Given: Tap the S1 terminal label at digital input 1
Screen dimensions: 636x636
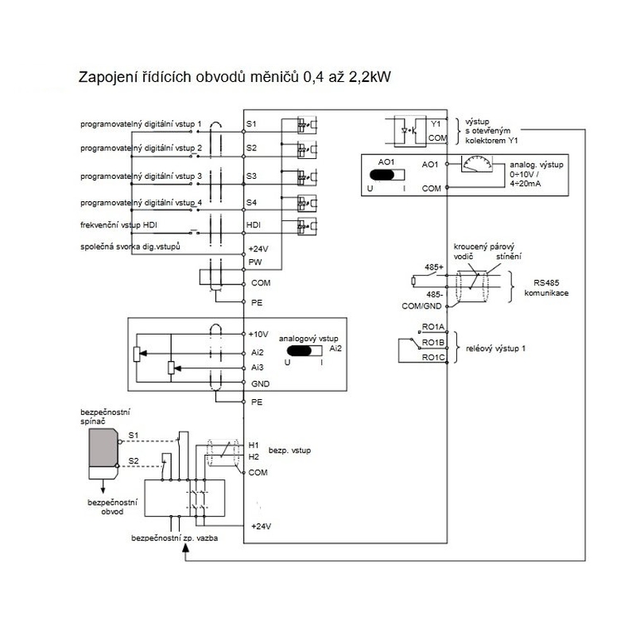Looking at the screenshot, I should pyautogui.click(x=251, y=125).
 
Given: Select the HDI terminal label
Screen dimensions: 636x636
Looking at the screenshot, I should pyautogui.click(x=254, y=225).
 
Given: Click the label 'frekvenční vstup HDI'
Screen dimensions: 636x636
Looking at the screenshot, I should pyautogui.click(x=125, y=225).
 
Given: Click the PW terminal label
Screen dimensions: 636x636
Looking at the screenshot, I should pyautogui.click(x=254, y=261).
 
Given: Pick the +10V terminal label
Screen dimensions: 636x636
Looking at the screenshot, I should pyautogui.click(x=258, y=334).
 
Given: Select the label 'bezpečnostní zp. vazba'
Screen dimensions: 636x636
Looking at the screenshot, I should pyautogui.click(x=175, y=538).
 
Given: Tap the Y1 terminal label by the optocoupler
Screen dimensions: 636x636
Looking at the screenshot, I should pyautogui.click(x=435, y=125).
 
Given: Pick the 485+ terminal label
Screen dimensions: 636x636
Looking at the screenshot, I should pyautogui.click(x=435, y=268).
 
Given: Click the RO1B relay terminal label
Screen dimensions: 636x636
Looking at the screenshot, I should pyautogui.click(x=432, y=343).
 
